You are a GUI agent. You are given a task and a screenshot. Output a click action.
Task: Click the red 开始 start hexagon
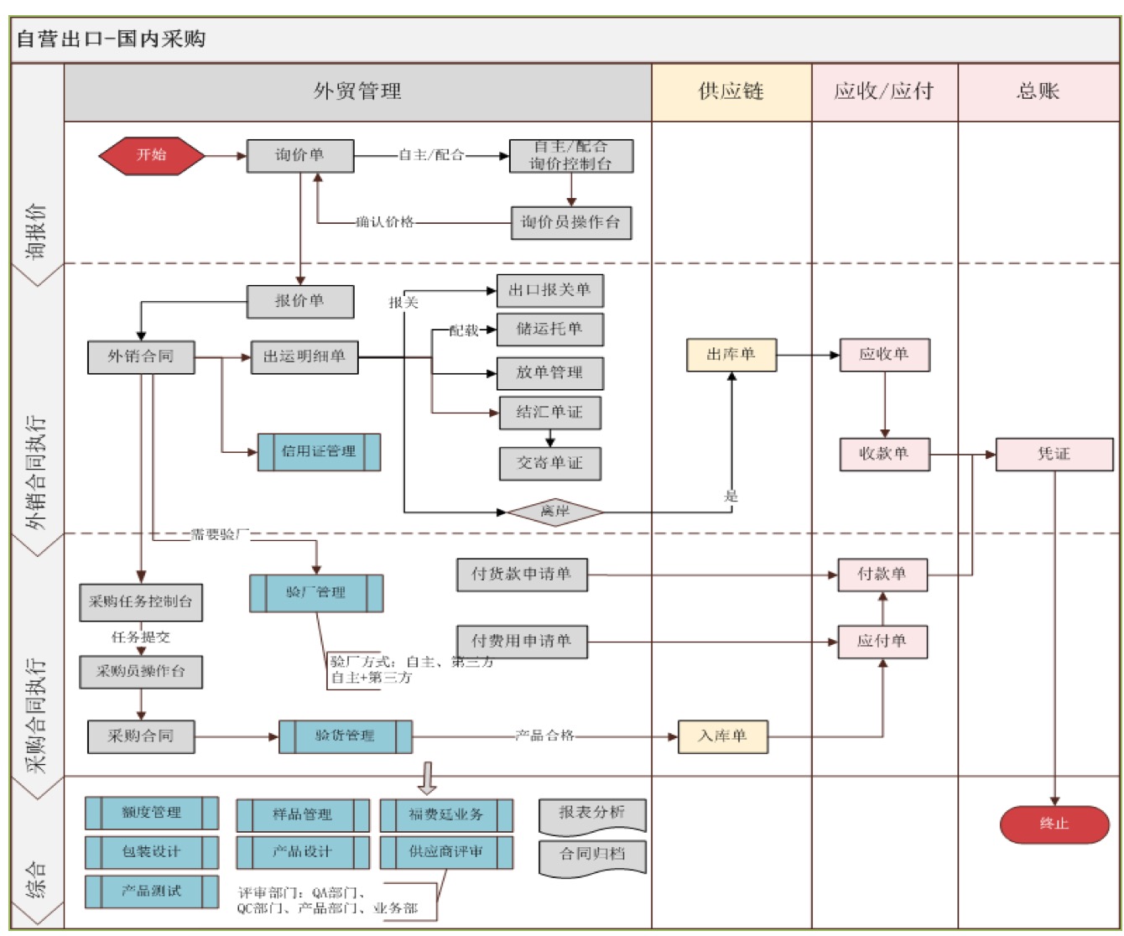pos(152,155)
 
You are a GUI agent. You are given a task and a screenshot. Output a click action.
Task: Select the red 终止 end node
pos(1054,824)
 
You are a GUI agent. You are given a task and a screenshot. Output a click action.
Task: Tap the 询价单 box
pos(299,156)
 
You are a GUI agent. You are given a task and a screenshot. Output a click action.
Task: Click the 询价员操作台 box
pos(570,223)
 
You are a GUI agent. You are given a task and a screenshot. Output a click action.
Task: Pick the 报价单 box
pos(299,301)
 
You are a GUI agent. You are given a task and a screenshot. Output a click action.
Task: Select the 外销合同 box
pos(141,356)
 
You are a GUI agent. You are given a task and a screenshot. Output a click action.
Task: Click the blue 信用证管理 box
pos(319,451)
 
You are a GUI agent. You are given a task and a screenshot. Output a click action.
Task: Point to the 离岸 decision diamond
pos(555,511)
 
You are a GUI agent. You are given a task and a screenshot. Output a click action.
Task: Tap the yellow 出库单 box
pos(731,355)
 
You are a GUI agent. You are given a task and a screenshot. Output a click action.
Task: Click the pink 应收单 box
pos(884,355)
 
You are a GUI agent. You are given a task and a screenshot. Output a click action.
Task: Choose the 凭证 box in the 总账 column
pos(1054,454)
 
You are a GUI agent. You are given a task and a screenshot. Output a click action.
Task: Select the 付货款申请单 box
pos(521,575)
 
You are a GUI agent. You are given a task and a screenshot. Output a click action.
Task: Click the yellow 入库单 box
pos(722,736)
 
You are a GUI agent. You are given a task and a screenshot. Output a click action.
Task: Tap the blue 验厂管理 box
pos(316,592)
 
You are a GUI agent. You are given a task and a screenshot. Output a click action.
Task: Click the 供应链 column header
pos(731,91)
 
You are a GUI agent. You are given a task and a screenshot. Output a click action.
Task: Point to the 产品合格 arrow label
pos(544,736)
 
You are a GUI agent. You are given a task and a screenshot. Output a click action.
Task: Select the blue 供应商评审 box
pos(445,852)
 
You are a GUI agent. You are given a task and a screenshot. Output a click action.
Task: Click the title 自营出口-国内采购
pos(111,39)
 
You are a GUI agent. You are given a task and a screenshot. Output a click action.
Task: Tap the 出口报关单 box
pos(549,290)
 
